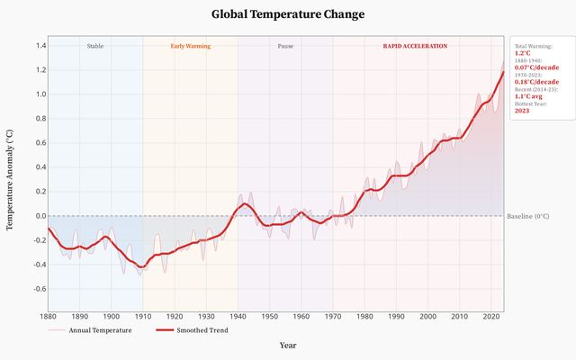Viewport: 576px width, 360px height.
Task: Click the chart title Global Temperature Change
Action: [288, 14]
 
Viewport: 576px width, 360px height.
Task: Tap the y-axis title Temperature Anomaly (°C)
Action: [10, 178]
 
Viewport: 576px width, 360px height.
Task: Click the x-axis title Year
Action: [288, 345]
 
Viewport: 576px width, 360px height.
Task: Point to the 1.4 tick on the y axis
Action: [40, 46]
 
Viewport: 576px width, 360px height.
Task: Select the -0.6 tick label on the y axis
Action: [40, 289]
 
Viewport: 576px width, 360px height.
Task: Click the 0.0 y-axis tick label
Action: [40, 216]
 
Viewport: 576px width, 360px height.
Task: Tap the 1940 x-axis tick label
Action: [238, 317]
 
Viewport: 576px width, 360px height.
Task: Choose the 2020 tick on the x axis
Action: [490, 317]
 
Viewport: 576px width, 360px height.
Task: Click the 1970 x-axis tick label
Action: [333, 317]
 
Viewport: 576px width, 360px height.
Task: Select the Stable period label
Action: [94, 46]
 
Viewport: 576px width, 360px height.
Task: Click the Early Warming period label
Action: [190, 46]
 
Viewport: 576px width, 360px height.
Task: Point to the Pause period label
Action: [285, 46]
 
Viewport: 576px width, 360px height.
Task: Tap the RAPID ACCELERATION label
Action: [415, 46]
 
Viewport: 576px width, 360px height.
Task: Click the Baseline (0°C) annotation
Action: [528, 216]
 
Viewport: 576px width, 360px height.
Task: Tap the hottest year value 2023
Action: [522, 110]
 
